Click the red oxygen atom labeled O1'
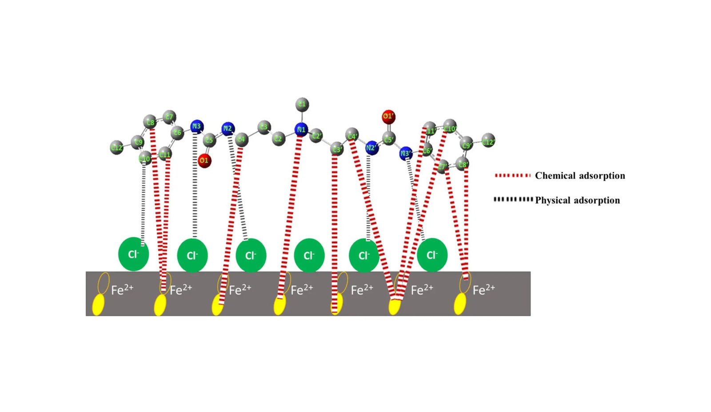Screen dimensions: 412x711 (388, 117)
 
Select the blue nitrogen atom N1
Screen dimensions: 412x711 (301, 129)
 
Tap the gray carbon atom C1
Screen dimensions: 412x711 (302, 104)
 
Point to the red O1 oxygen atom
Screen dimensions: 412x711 (204, 160)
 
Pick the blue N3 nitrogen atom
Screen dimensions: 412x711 (196, 126)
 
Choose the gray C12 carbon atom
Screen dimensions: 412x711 (117, 147)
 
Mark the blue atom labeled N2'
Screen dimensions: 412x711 (371, 149)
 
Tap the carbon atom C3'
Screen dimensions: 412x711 (337, 149)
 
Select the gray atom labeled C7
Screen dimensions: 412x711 (169, 117)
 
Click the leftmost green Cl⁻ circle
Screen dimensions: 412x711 (133, 254)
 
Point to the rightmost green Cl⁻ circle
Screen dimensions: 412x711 (432, 255)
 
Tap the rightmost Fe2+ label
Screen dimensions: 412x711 (483, 290)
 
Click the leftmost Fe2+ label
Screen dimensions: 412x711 (122, 290)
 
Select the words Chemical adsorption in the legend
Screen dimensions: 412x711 (579, 176)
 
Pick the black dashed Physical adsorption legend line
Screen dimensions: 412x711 (513, 199)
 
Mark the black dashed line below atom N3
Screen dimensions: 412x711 (195, 187)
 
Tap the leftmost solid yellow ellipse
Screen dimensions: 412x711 (98, 306)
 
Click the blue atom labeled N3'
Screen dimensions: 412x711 (405, 154)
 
